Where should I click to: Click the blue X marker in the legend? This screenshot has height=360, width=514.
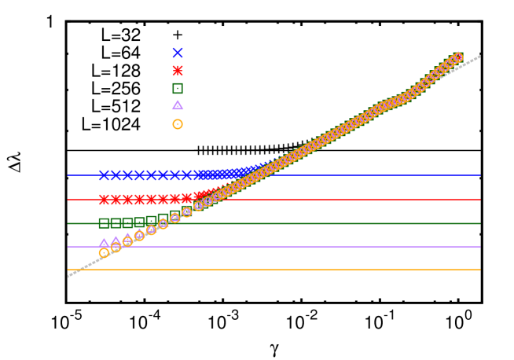pyautogui.click(x=178, y=53)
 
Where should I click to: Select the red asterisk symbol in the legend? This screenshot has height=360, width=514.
pyautogui.click(x=178, y=71)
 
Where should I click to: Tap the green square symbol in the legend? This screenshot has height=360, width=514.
pyautogui.click(x=178, y=89)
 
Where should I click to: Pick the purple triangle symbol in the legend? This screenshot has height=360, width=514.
pyautogui.click(x=178, y=105)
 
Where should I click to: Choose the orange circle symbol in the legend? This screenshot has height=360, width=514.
pyautogui.click(x=178, y=124)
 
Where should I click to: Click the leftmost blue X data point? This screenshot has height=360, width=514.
pyautogui.click(x=104, y=175)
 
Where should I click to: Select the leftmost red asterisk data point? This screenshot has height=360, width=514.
pyautogui.click(x=104, y=200)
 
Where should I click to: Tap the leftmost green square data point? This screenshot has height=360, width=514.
pyautogui.click(x=104, y=223)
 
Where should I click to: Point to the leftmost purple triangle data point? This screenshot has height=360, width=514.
pyautogui.click(x=104, y=244)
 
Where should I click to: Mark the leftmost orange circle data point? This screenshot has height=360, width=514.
pyautogui.click(x=104, y=253)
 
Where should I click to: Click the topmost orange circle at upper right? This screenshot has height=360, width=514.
pyautogui.click(x=458, y=57)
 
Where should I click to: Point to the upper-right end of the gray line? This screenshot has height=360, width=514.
pyautogui.click(x=479, y=57)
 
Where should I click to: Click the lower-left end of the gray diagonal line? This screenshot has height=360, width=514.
pyautogui.click(x=68, y=277)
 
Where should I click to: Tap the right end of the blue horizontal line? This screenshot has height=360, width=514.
pyautogui.click(x=480, y=175)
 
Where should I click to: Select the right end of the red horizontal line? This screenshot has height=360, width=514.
pyautogui.click(x=480, y=200)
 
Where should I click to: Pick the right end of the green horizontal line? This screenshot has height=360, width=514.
pyautogui.click(x=480, y=223)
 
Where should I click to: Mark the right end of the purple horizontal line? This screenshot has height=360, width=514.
pyautogui.click(x=480, y=247)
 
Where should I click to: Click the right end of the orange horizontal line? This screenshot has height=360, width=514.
pyautogui.click(x=480, y=270)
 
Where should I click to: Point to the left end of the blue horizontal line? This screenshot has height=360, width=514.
pyautogui.click(x=68, y=175)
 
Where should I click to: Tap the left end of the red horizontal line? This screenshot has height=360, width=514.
pyautogui.click(x=68, y=200)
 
